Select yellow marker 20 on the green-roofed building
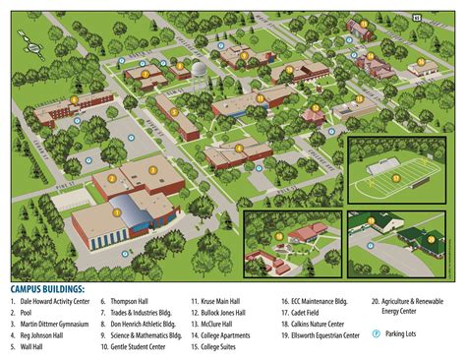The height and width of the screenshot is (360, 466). [x=429, y=235]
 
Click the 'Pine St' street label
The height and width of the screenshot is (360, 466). [x=66, y=183]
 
